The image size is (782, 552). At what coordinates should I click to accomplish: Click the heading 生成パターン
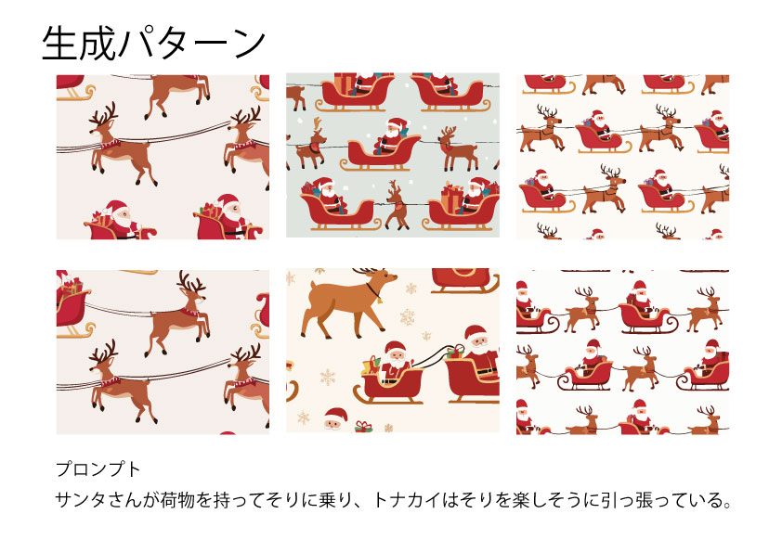[x=153, y=44]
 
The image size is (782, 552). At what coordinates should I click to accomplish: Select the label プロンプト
[x=98, y=469]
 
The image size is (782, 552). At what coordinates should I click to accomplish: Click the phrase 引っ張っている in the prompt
[x=652, y=500]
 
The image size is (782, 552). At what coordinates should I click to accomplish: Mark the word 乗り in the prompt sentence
[x=335, y=500]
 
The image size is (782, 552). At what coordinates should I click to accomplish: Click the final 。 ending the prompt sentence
[x=726, y=504]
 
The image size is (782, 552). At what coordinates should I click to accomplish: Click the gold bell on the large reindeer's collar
[x=379, y=300]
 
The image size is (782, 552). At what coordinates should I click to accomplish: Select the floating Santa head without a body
[x=335, y=418]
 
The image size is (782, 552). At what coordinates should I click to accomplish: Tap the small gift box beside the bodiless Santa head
[x=363, y=427]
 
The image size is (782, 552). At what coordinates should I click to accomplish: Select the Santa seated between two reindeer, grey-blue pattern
[x=390, y=136]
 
